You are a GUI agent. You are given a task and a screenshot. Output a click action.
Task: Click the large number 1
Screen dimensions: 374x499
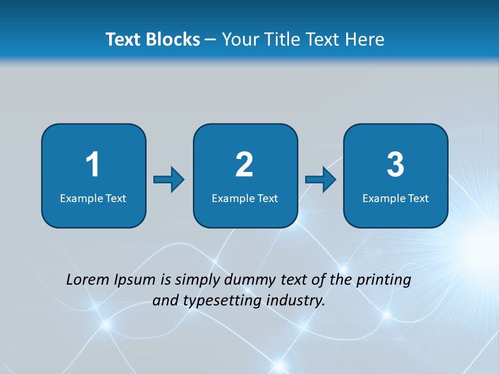(x=93, y=165)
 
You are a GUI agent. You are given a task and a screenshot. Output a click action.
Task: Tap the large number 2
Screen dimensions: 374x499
(x=244, y=165)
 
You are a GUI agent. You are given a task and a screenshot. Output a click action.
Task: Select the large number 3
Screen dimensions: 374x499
(x=396, y=165)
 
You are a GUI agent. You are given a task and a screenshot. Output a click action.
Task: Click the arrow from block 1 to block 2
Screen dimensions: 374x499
(x=169, y=179)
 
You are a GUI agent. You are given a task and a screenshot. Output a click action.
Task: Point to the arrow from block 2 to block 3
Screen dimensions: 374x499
(x=320, y=179)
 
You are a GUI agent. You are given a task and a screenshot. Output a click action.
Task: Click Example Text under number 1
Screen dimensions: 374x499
(x=93, y=198)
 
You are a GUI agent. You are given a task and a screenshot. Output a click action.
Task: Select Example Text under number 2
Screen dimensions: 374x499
(x=245, y=198)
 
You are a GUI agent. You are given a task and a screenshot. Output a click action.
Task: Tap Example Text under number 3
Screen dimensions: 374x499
(x=396, y=198)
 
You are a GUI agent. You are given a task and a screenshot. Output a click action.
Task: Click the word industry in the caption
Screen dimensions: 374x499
(x=297, y=301)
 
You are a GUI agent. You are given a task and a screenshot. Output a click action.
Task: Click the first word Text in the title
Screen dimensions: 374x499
(x=124, y=39)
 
